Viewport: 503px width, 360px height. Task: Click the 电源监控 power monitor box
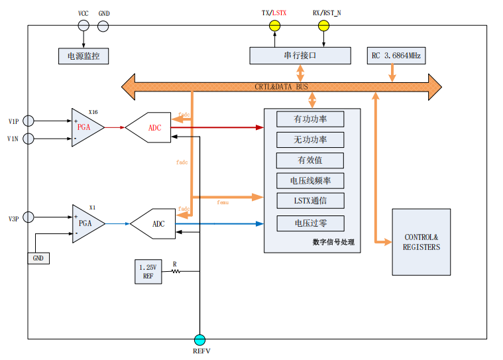click(x=84, y=56)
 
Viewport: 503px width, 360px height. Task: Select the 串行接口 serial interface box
click(x=300, y=56)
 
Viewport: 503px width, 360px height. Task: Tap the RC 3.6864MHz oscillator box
click(x=396, y=56)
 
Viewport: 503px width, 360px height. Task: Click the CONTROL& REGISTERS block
click(x=421, y=242)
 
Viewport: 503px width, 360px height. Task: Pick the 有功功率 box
click(x=310, y=119)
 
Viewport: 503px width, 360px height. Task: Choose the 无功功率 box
click(x=310, y=140)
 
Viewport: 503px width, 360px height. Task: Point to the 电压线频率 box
click(x=310, y=180)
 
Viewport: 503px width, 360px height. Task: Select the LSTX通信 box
click(x=310, y=200)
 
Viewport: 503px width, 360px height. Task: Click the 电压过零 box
click(x=310, y=223)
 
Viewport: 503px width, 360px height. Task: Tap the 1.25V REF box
click(x=148, y=272)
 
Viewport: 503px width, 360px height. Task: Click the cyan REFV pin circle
click(x=200, y=339)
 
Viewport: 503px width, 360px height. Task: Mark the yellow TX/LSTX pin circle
click(x=274, y=26)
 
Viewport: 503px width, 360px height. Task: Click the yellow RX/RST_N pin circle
click(x=323, y=26)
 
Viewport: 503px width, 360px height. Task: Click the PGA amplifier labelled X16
click(x=85, y=127)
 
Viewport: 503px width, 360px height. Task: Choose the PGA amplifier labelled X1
click(x=86, y=223)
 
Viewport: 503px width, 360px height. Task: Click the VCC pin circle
click(x=84, y=26)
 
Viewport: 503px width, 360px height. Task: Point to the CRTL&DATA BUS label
click(x=281, y=87)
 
